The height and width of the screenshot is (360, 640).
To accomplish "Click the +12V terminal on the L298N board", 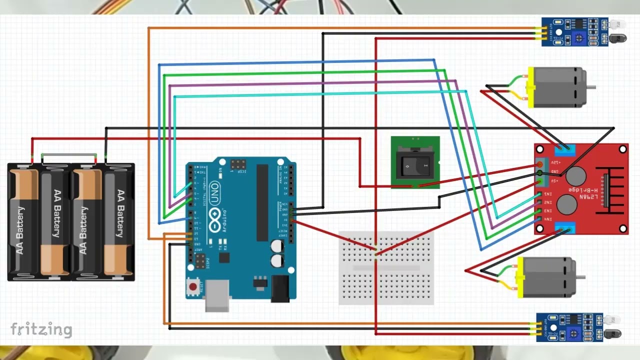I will [540, 164].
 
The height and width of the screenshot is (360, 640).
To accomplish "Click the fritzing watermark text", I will [41, 329].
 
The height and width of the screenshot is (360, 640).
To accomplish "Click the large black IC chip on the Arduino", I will [262, 202].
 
